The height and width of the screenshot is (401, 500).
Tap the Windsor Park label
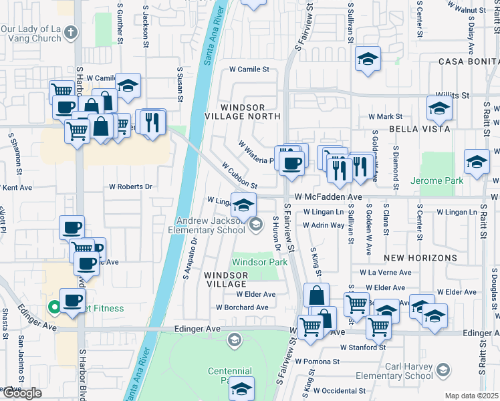[259, 262]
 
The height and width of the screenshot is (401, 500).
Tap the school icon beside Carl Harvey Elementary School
[442, 370]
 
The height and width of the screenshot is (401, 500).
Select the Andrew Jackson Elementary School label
[211, 226]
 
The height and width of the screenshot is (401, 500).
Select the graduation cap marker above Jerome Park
[477, 162]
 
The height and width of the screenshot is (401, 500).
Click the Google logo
[22, 393]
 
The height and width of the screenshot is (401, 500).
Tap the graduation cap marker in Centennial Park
[243, 388]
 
